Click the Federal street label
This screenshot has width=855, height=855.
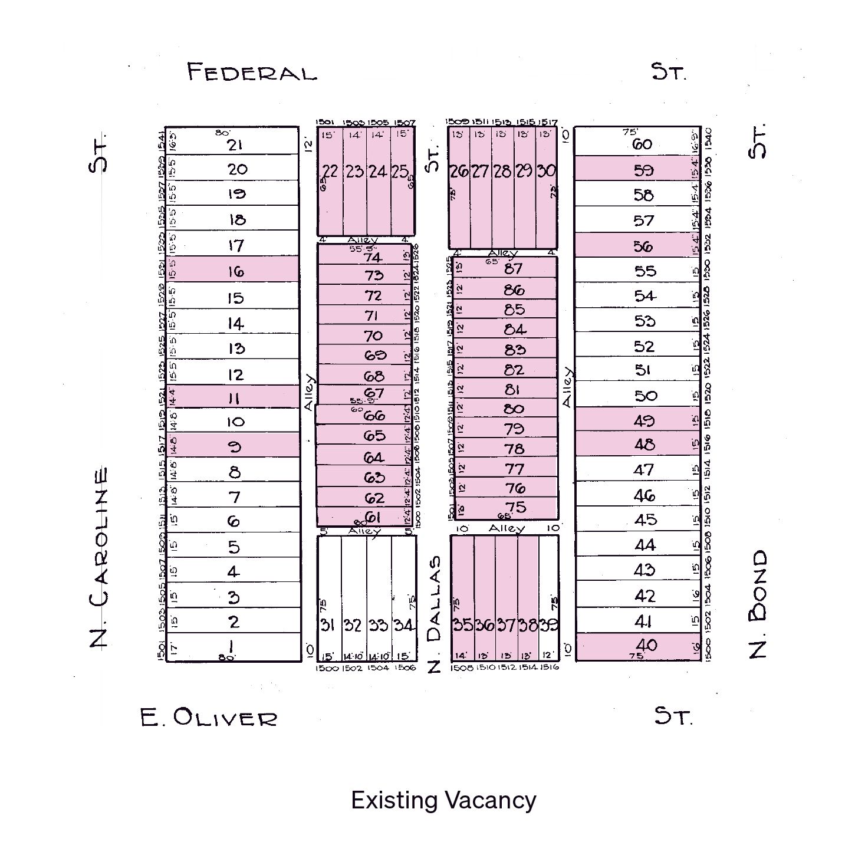pyautogui.click(x=252, y=73)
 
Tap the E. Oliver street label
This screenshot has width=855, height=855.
pyautogui.click(x=209, y=718)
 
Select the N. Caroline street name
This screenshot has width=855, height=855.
pyautogui.click(x=99, y=557)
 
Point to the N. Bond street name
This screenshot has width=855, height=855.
pyautogui.click(x=759, y=604)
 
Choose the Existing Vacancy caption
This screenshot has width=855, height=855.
pyautogui.click(x=443, y=800)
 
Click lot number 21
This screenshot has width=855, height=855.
pyautogui.click(x=235, y=144)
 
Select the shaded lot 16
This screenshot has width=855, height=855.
pyautogui.click(x=235, y=271)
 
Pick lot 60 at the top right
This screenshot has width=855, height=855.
pyautogui.click(x=642, y=144)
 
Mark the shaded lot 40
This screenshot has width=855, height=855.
pyautogui.click(x=646, y=645)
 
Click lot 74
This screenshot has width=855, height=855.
pyautogui.click(x=373, y=256)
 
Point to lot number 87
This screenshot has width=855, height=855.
pyautogui.click(x=514, y=268)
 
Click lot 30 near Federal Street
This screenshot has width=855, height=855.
pyautogui.click(x=546, y=170)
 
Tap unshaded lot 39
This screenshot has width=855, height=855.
pyautogui.click(x=549, y=624)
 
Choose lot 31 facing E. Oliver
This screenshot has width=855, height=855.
pyautogui.click(x=328, y=624)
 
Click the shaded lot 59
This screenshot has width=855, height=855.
pyautogui.click(x=643, y=170)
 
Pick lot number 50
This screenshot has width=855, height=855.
pyautogui.click(x=645, y=396)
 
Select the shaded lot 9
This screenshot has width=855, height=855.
pyautogui.click(x=235, y=446)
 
